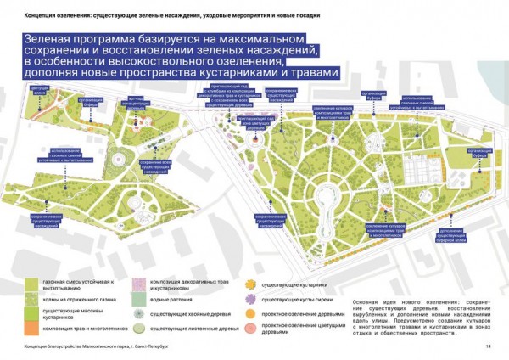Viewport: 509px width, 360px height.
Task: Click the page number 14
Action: click(489, 346)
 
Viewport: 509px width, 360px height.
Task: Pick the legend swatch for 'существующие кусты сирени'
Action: click(252, 299)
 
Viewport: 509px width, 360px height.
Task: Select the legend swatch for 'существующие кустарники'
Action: click(252, 284)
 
